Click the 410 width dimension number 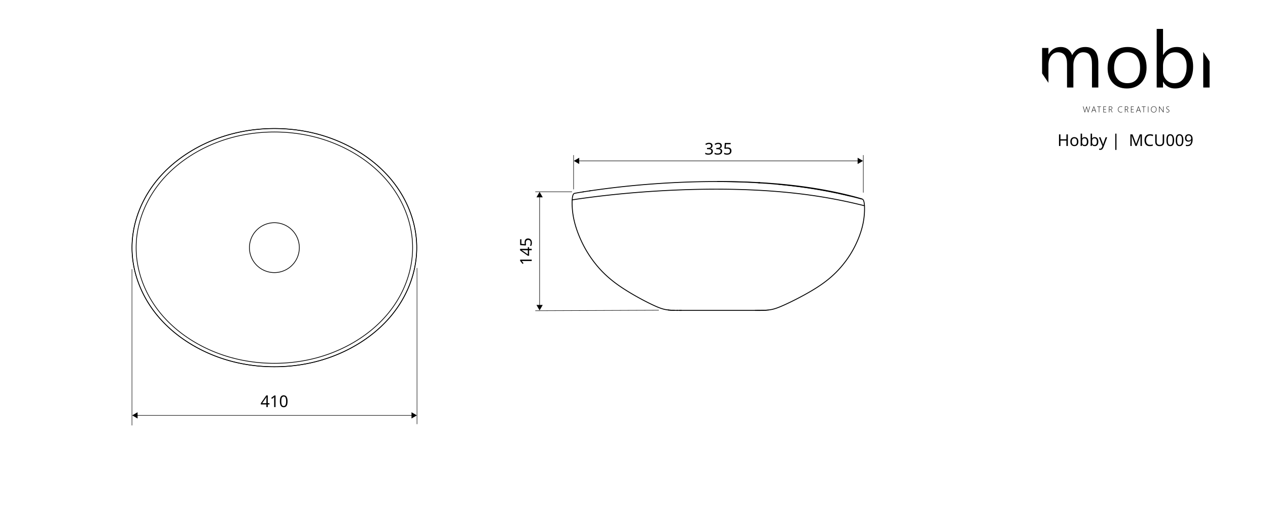point(274,402)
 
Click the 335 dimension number point(718,149)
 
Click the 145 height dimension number point(526,250)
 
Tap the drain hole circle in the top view point(274,223)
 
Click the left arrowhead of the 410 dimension point(135,416)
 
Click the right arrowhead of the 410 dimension point(414,416)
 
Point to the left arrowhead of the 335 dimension point(577,161)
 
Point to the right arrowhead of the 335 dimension point(860,161)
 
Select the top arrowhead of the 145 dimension point(540,195)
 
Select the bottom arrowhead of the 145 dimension point(540,307)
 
